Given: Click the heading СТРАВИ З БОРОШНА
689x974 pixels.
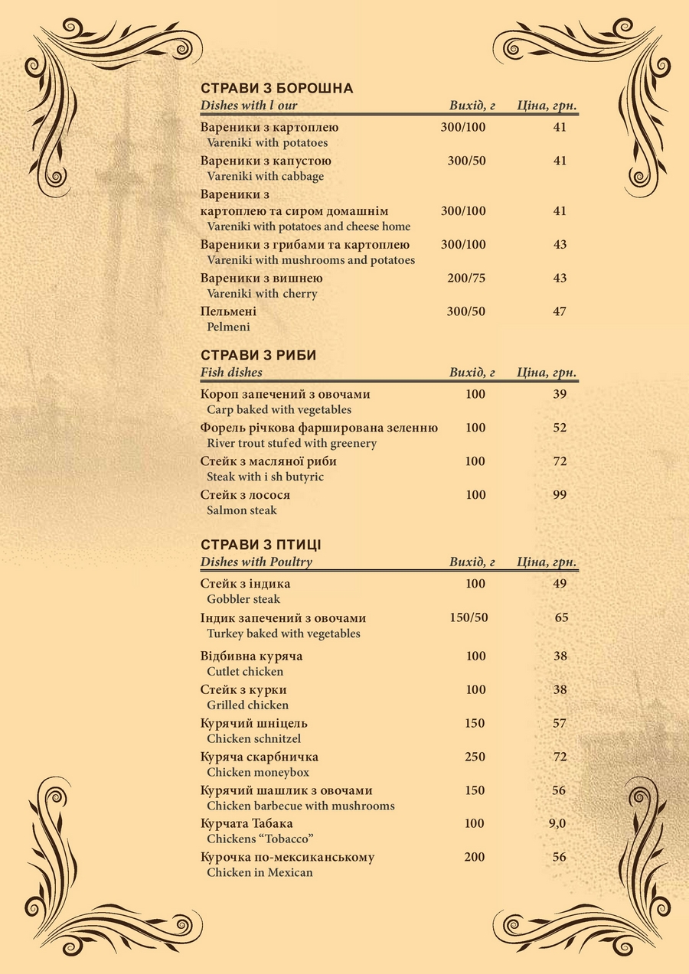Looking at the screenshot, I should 276,89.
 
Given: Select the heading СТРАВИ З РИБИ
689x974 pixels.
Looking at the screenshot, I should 258,356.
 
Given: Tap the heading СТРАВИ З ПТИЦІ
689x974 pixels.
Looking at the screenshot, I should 260,546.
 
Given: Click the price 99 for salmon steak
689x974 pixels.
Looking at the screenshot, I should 560,495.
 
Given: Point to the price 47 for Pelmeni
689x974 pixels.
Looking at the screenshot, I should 560,311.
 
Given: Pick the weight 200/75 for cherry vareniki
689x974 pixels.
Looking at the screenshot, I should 466,279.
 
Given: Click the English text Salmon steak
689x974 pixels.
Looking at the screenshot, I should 242,510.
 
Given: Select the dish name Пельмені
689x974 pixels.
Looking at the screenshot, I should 228,312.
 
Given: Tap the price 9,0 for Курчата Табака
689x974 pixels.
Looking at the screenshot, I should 557,824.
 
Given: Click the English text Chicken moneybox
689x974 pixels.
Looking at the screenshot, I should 258,773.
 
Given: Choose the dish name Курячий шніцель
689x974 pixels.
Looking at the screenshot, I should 254,723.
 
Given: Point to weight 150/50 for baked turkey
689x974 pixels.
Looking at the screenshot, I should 469,617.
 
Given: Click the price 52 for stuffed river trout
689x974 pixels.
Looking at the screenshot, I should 560,428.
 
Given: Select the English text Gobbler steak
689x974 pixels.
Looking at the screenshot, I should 243,599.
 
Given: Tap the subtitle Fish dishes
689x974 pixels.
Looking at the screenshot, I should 231,373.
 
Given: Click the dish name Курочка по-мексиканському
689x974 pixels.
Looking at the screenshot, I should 287,857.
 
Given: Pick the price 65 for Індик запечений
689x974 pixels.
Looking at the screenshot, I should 561,617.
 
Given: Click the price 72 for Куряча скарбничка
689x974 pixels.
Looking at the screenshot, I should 560,757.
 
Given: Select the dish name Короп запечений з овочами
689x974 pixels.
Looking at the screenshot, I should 285,394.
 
